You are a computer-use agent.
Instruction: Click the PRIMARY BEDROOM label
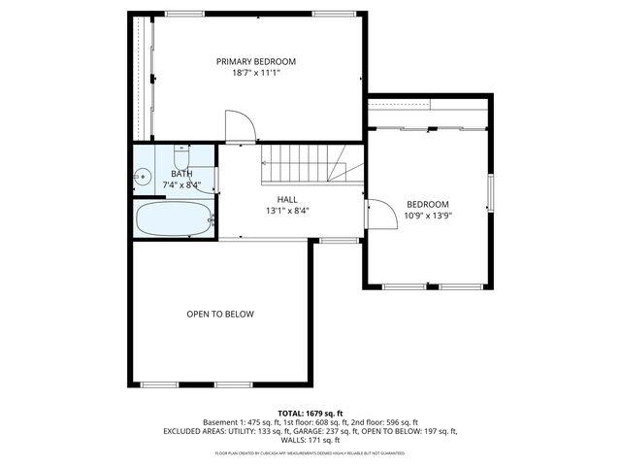pyautogui.click(x=255, y=61)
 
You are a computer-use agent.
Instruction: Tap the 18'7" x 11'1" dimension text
pyautogui.click(x=255, y=73)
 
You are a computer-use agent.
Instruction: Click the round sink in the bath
pyautogui.click(x=142, y=178)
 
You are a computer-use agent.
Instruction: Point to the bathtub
pyautogui.click(x=173, y=218)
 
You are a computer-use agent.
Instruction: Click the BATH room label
pyautogui.click(x=181, y=174)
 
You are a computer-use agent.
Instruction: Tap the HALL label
pyautogui.click(x=286, y=199)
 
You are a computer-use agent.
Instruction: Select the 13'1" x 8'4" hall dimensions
pyautogui.click(x=286, y=211)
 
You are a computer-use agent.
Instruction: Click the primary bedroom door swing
pyautogui.click(x=239, y=126)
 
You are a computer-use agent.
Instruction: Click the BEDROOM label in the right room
pyautogui.click(x=427, y=204)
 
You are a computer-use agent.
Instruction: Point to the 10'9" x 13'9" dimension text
pyautogui.click(x=427, y=216)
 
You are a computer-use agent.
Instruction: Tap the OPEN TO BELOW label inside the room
pyautogui.click(x=220, y=315)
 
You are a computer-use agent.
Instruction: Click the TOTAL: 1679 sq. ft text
pyautogui.click(x=310, y=413)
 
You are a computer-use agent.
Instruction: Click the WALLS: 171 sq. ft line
pyautogui.click(x=310, y=439)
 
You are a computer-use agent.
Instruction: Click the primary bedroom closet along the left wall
pyautogui.click(x=143, y=78)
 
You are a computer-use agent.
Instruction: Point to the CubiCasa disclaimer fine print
pyautogui.click(x=310, y=452)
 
